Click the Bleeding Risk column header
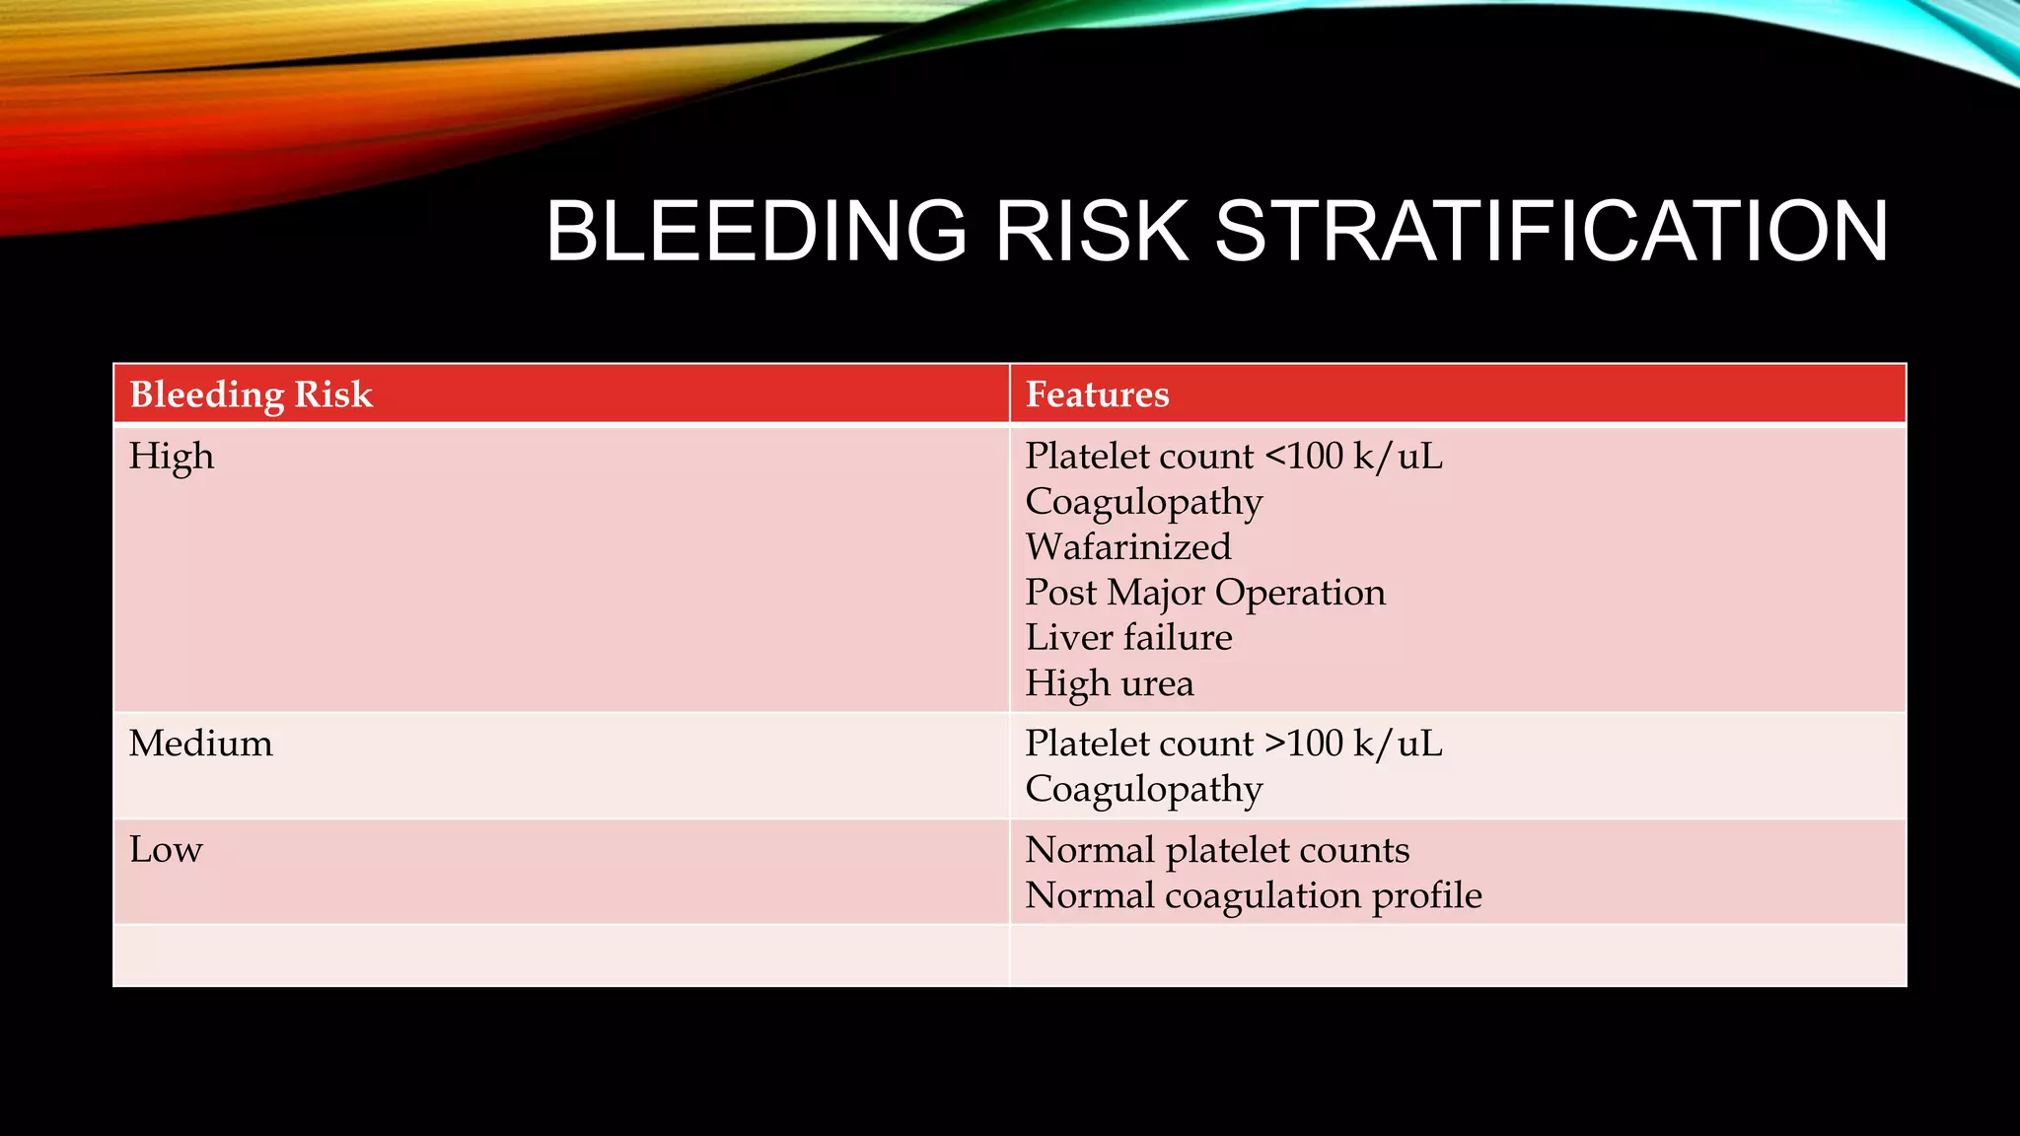pos(251,394)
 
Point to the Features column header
pos(1097,394)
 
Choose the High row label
pos(172,457)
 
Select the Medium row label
pos(201,744)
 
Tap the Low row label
pos(166,850)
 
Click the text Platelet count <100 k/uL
pos(1233,457)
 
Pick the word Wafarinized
pos(1128,547)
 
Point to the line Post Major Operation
pos(1205,593)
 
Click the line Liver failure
pos(1128,638)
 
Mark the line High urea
pos(1110,683)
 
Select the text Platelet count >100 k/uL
pos(1233,744)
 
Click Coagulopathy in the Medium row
pos(1144,789)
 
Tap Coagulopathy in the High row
pos(1144,502)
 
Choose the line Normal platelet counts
pos(1217,850)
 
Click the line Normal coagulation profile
pos(1253,895)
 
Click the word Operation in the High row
pos(1300,593)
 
